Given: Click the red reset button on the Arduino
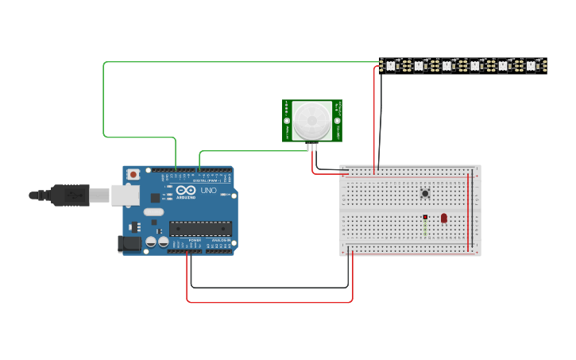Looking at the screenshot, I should (134, 173).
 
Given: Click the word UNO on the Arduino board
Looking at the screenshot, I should (207, 191).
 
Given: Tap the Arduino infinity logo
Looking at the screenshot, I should (185, 191).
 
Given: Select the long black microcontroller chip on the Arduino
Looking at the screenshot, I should (200, 229).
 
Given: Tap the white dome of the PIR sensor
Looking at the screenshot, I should (311, 122).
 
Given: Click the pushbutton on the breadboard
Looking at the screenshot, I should (426, 193).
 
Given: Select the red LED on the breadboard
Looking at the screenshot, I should (443, 217).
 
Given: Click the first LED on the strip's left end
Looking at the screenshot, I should (391, 65).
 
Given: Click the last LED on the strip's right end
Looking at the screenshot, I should (532, 65).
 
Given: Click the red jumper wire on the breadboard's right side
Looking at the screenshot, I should (468, 211).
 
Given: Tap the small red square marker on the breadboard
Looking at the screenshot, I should (426, 217).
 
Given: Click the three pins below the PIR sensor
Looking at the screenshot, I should (311, 145).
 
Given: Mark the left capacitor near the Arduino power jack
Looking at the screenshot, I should (150, 242).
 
